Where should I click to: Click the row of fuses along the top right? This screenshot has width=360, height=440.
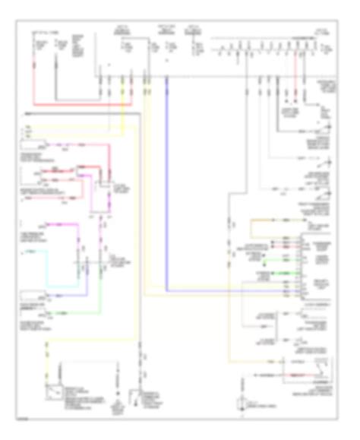266,53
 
